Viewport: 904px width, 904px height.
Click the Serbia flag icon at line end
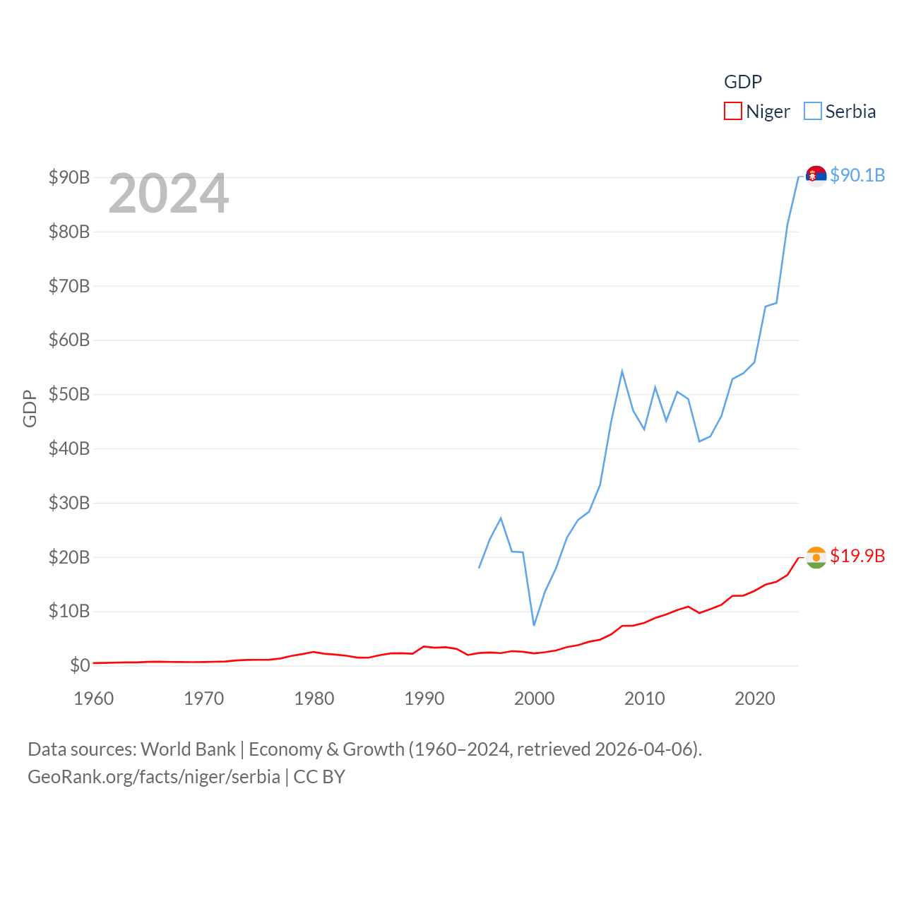[x=816, y=175]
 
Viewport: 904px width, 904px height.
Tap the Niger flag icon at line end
[x=816, y=557]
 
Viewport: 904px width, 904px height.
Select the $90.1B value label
[x=857, y=175]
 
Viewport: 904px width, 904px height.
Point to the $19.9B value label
[x=857, y=556]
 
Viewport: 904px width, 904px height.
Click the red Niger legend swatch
[x=733, y=112]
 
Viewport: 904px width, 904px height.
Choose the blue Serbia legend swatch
[x=813, y=112]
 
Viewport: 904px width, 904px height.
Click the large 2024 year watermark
[x=169, y=193]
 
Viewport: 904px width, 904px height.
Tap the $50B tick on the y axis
[x=69, y=394]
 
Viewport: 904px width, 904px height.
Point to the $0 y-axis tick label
[x=80, y=665]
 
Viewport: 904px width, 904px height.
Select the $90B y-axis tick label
[x=69, y=177]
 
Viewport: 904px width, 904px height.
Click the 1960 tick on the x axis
[x=94, y=698]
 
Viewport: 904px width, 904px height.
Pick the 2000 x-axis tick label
[x=534, y=698]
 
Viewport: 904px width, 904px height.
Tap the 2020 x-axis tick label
[x=754, y=698]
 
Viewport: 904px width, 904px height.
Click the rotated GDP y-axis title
[x=30, y=408]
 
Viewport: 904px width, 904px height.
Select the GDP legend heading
[x=743, y=82]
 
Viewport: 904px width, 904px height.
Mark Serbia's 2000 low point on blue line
[x=534, y=625]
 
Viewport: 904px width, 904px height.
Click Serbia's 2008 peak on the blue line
[x=622, y=371]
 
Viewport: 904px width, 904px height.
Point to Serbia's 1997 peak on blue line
[x=501, y=518]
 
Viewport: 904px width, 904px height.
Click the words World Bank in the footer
[x=188, y=749]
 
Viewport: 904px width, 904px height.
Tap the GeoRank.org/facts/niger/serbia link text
[x=154, y=777]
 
